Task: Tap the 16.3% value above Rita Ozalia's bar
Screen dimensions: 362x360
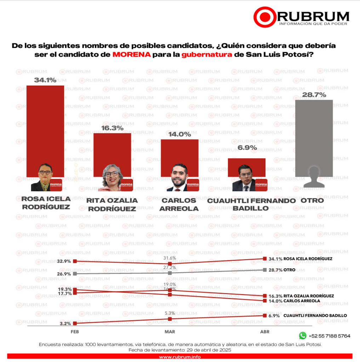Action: tap(112, 128)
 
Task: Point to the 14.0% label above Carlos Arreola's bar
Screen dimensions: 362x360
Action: tap(179, 134)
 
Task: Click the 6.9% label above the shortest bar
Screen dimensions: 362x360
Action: tap(247, 148)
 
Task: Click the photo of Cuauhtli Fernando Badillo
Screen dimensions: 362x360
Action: tap(246, 179)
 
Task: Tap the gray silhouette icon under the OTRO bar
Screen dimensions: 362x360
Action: tap(314, 176)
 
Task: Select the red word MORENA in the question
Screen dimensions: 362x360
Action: tap(132, 55)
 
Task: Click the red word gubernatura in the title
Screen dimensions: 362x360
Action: tap(207, 55)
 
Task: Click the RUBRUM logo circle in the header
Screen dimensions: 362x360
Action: tap(264, 16)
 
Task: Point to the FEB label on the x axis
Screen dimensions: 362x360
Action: tap(75, 332)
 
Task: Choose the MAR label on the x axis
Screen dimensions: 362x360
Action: tap(170, 332)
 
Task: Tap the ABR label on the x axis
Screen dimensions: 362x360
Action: tap(265, 332)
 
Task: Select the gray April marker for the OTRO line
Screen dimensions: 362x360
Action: tap(265, 270)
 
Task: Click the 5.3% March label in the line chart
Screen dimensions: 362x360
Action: tap(170, 313)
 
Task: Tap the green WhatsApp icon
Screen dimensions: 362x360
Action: tap(302, 335)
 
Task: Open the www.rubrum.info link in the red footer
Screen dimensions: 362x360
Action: tap(180, 357)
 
